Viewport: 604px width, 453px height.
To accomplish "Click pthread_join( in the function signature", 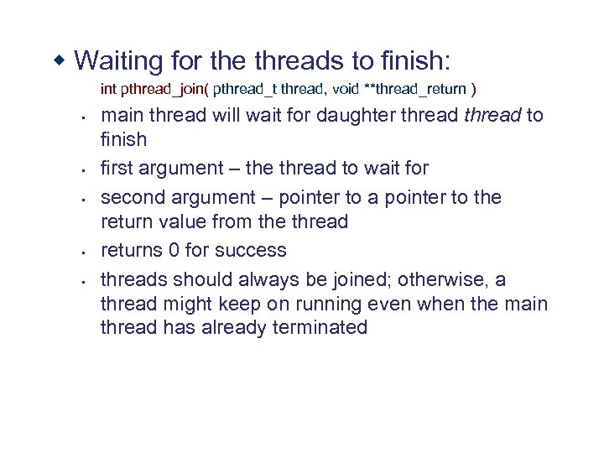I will [165, 88].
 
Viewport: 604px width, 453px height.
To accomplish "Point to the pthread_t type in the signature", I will [246, 88].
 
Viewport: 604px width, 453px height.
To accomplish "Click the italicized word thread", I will [492, 115].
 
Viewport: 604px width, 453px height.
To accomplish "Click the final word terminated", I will [320, 327].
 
